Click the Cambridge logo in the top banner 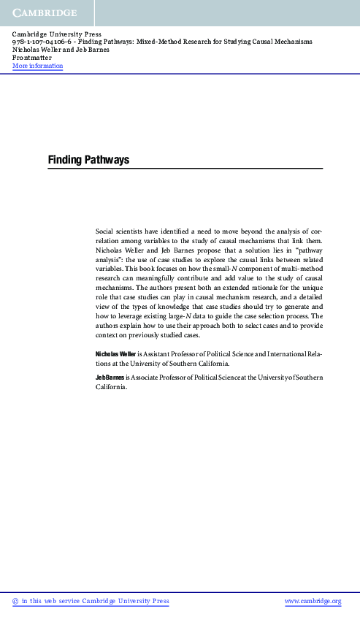pos(44,12)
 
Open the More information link pos(37,66)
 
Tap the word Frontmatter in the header pos(32,58)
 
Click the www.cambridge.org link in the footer pos(312,601)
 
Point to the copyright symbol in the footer pos(15,601)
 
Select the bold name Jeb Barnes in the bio pos(110,377)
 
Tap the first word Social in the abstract pos(107,231)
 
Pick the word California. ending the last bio pos(112,387)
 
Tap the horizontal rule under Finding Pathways pos(185,169)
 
